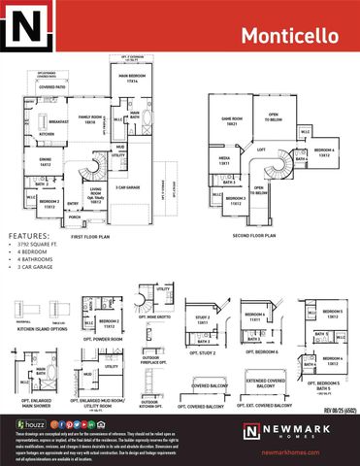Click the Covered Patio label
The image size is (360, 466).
click(51, 86)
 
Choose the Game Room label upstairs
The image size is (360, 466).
click(231, 122)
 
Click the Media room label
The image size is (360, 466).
click(224, 162)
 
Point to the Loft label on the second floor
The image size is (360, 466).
click(261, 150)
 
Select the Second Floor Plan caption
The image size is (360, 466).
click(256, 234)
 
